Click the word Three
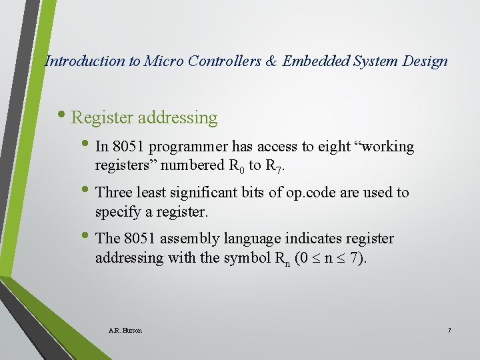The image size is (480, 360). coord(115,193)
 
